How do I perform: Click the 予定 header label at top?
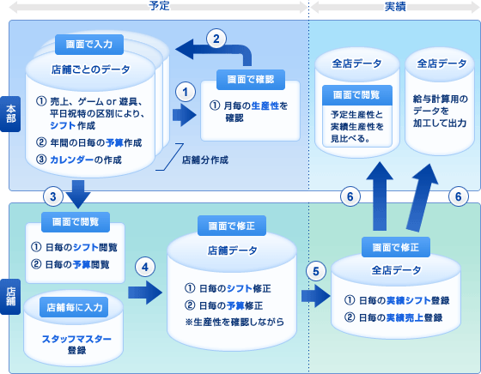(159, 5)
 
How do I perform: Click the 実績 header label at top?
(395, 6)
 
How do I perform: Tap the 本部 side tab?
(10, 114)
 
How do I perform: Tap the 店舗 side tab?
(10, 297)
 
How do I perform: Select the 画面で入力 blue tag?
(89, 45)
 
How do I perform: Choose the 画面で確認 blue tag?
(251, 80)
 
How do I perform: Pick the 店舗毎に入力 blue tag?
(74, 307)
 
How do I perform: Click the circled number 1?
(186, 92)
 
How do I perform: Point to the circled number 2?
(216, 39)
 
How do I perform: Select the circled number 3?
(53, 196)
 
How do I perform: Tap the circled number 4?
(145, 267)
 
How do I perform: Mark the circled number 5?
(316, 271)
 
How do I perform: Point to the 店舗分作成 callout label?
(205, 160)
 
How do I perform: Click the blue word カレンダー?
(72, 160)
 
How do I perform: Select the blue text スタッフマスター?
(76, 339)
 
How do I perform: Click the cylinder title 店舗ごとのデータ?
(90, 69)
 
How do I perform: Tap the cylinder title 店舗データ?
(232, 250)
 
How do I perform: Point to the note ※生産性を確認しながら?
(234, 323)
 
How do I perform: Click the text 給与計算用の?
(440, 99)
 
